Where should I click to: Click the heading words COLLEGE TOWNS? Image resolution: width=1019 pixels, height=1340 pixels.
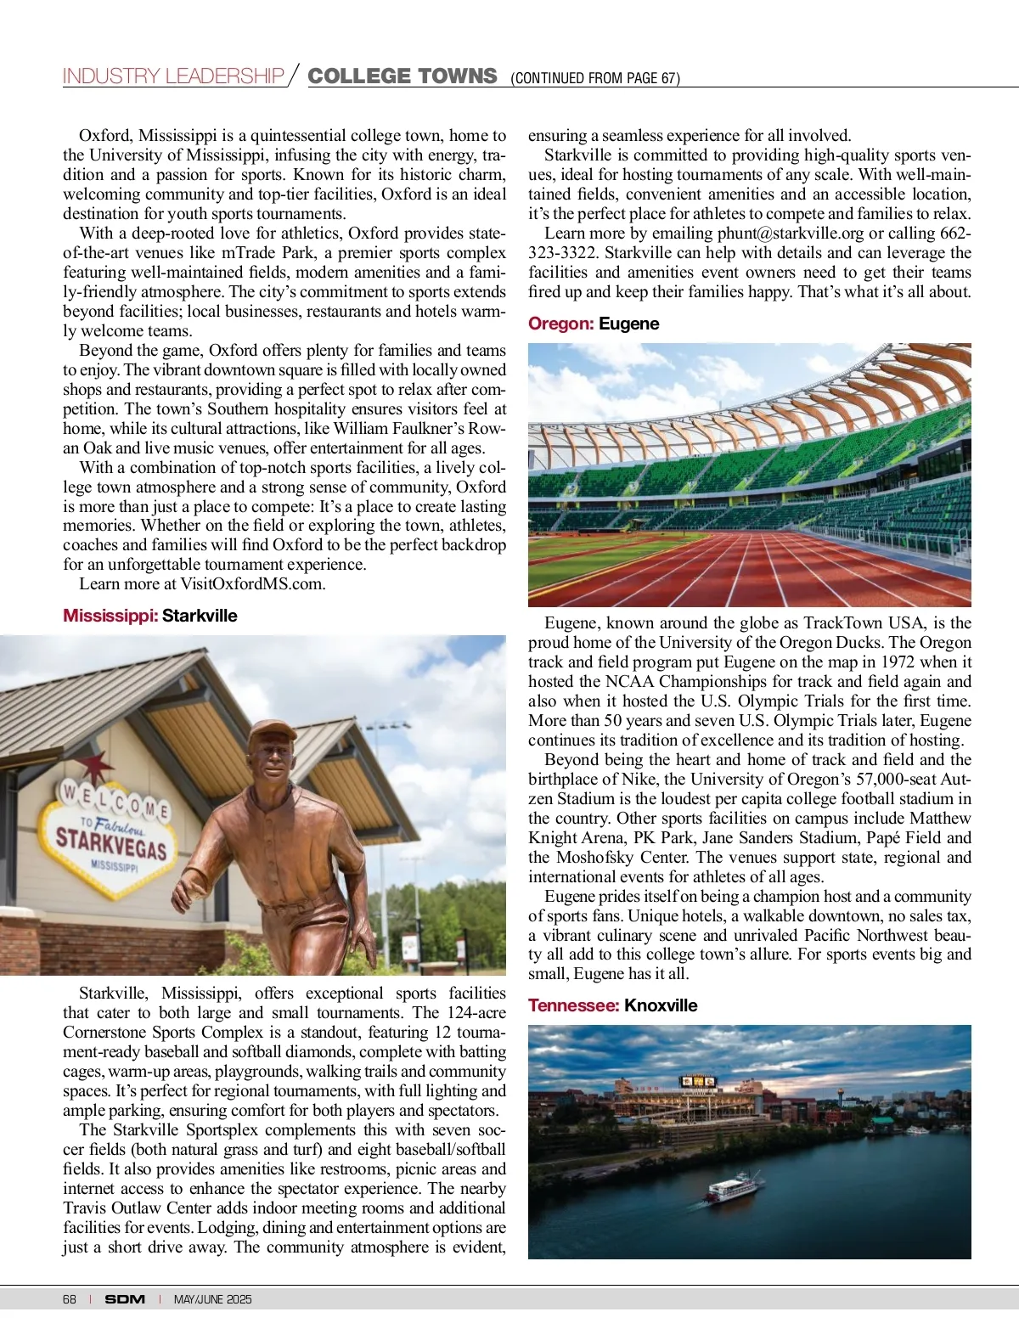(x=402, y=76)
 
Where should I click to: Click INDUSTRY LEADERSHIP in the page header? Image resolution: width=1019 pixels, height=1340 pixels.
(x=173, y=76)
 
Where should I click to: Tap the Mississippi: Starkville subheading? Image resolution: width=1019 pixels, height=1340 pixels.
(x=150, y=616)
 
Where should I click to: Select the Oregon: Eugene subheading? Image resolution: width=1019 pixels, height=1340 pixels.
(x=594, y=324)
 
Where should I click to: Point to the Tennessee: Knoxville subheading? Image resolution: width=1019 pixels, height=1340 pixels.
(x=612, y=1005)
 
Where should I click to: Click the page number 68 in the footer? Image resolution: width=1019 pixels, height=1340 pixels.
(x=70, y=1299)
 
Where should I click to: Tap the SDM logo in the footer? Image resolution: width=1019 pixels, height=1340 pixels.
(x=125, y=1299)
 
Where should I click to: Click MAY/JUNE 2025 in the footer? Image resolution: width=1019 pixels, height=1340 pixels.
(x=212, y=1299)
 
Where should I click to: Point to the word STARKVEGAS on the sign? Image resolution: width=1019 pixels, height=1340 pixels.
(x=111, y=842)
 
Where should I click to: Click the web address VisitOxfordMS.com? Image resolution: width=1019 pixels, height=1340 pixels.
(x=252, y=584)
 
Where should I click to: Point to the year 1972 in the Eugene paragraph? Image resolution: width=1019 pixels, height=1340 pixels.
(x=898, y=662)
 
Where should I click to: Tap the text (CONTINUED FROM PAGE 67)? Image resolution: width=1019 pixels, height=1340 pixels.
(x=594, y=78)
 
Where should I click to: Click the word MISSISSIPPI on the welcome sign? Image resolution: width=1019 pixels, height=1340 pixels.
(x=115, y=867)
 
